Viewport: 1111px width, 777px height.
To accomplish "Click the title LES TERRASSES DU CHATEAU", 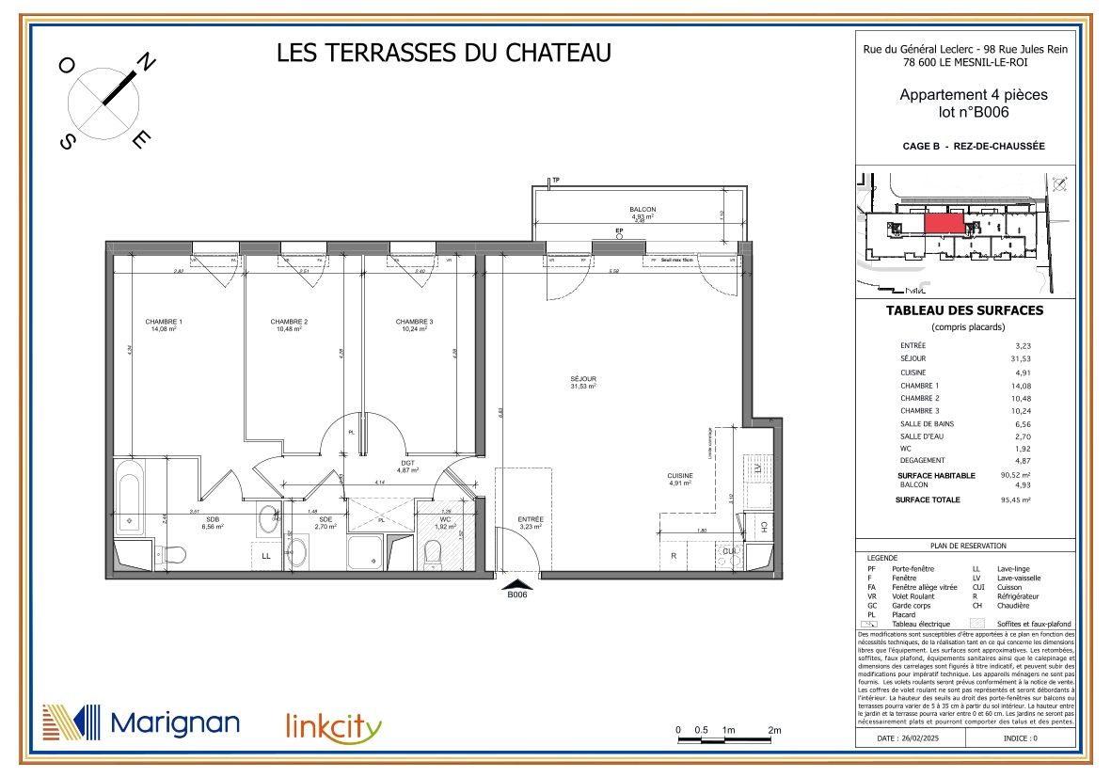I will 443,53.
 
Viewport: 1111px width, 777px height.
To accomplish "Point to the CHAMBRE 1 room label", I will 163,322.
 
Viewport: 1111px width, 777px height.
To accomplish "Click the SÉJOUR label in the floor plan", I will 583,379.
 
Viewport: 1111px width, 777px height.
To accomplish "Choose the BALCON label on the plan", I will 643,210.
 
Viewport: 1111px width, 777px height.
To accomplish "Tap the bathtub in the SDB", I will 128,498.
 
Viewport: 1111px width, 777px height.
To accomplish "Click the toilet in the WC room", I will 433,556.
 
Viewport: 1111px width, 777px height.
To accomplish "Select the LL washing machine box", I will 266,556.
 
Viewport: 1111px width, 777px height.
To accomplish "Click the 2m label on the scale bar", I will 775,730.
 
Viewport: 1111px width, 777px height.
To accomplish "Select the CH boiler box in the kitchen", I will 764,526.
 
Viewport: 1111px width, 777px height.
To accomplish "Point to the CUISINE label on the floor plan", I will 680,476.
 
